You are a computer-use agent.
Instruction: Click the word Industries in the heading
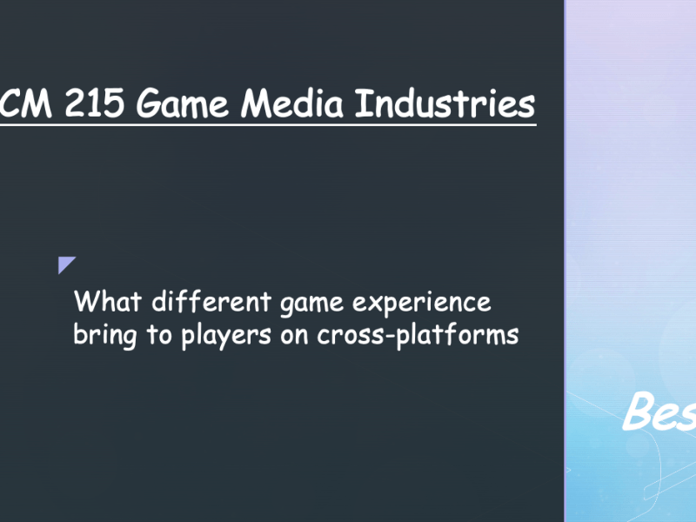coord(446,104)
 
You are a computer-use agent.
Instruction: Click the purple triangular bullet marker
coord(67,265)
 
